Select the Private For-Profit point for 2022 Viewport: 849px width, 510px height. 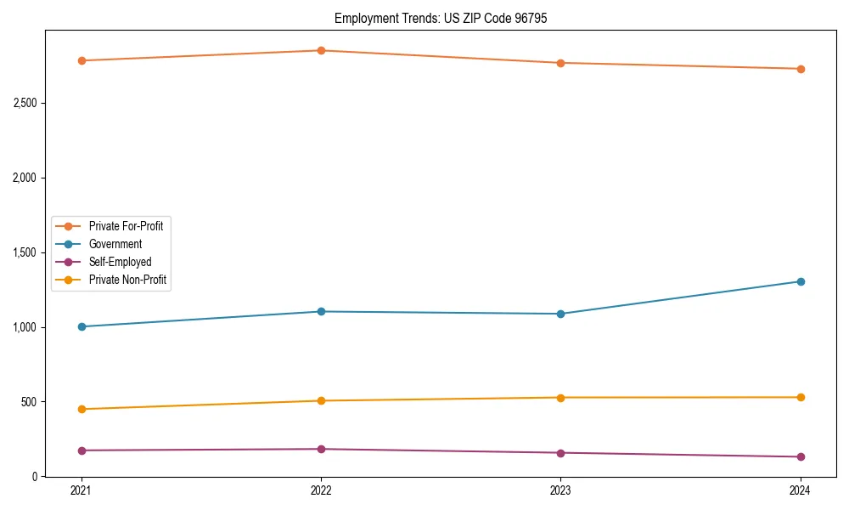321,50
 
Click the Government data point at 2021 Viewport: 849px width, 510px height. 82,326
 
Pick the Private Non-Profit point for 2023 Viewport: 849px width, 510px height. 560,398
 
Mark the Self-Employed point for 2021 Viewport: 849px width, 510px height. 82,450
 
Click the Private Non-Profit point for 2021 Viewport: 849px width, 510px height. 82,409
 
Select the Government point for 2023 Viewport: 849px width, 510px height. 560,314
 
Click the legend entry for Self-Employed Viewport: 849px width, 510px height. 120,262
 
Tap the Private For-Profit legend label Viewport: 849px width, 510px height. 126,226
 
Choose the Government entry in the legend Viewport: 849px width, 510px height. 115,244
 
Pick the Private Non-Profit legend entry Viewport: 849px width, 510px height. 127,280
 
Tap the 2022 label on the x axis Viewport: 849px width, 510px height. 321,490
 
